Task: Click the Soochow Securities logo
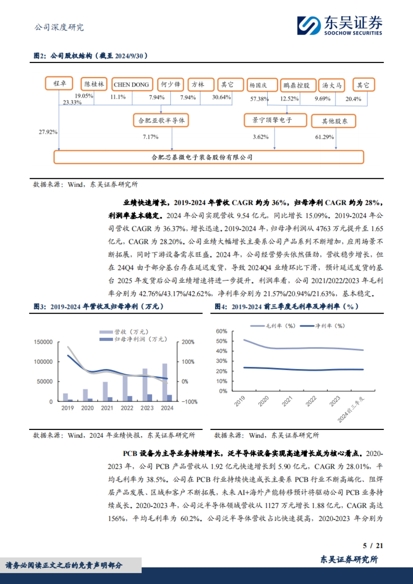point(339,25)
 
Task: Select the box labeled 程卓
point(59,84)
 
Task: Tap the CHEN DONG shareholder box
point(131,85)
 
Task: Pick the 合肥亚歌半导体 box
point(161,120)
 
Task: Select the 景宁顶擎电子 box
point(275,120)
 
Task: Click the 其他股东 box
point(333,121)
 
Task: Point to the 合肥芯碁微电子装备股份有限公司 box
point(209,157)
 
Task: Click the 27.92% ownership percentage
point(48,132)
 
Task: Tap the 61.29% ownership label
point(324,137)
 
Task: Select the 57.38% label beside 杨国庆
point(259,99)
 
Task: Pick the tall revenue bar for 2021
point(105,391)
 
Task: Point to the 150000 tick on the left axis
point(43,342)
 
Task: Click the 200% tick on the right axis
point(188,342)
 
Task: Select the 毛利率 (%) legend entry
point(273,326)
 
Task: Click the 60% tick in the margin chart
point(221,331)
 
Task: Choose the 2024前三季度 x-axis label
point(351,409)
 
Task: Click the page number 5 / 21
point(373,545)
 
